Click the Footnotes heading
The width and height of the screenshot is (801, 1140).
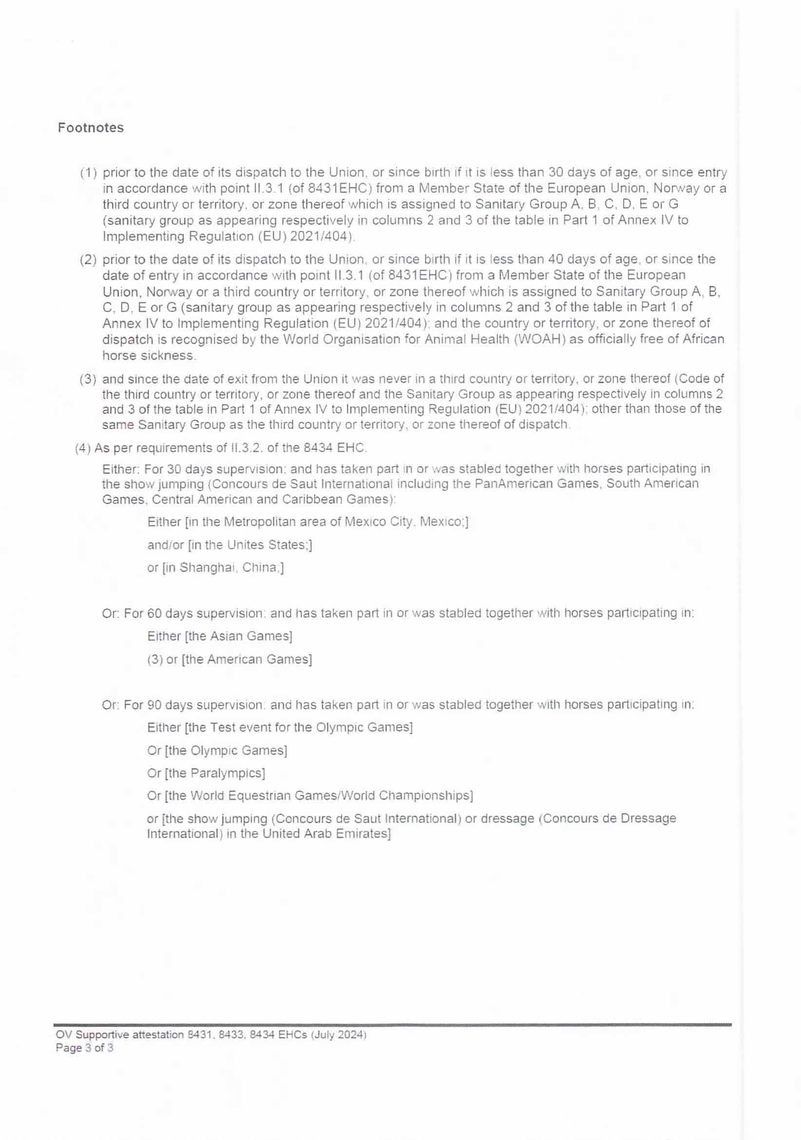pos(90,128)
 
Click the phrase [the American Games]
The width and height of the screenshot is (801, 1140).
pos(247,659)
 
